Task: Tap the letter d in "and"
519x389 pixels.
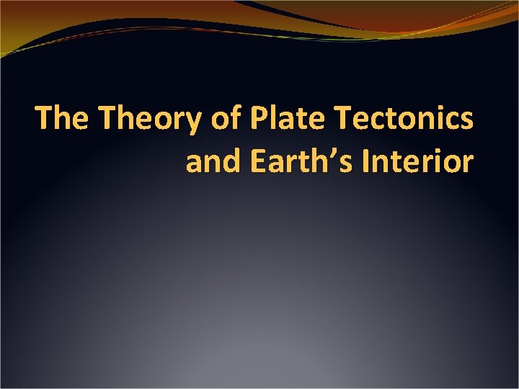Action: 234,161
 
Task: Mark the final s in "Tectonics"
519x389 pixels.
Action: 466,120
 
